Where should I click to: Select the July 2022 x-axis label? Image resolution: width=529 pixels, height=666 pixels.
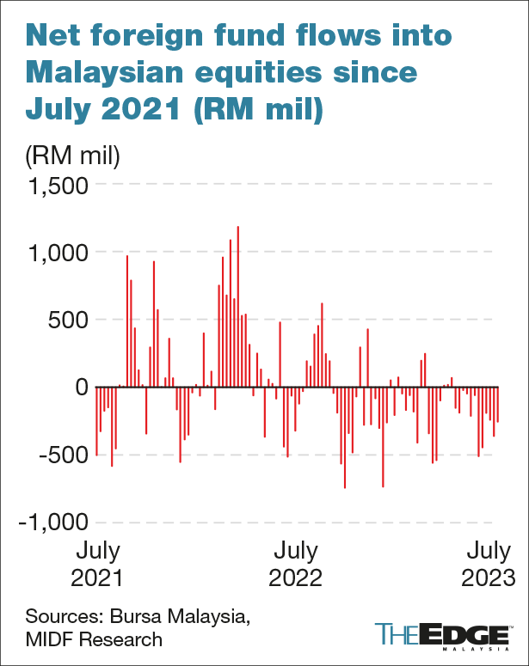point(294,564)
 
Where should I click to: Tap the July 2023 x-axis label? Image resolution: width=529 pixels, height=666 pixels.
point(487,564)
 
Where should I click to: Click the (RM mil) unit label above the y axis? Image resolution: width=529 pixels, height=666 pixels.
point(72,156)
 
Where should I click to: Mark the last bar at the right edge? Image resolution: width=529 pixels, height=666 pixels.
point(497,405)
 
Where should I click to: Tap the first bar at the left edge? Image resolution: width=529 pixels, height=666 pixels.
point(96,421)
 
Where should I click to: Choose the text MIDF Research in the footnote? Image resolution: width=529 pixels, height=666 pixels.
point(94,639)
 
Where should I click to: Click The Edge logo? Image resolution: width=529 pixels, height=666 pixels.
point(440,634)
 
